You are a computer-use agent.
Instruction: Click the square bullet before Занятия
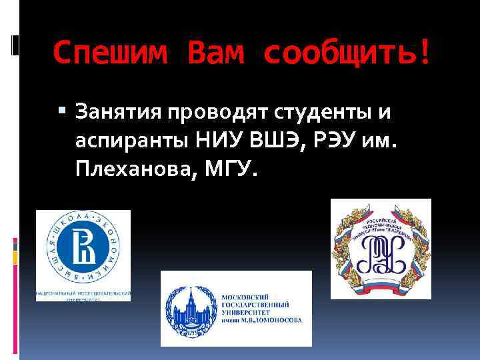coord(62,109)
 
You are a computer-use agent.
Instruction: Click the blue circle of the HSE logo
coord(83,251)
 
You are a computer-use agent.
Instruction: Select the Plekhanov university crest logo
coord(381,248)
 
